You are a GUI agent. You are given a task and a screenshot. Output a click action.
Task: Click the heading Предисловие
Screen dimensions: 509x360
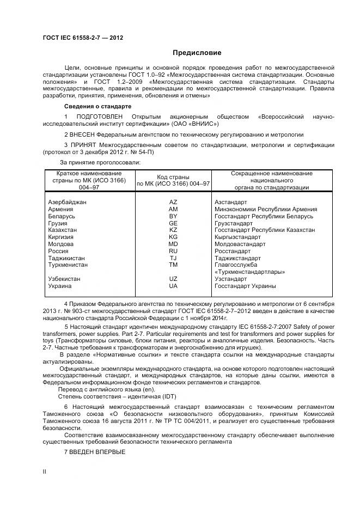click(197, 53)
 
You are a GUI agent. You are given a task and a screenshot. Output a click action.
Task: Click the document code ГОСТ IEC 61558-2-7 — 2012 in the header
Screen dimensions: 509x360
click(83, 38)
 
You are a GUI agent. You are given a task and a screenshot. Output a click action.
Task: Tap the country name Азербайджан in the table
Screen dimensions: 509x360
click(68, 202)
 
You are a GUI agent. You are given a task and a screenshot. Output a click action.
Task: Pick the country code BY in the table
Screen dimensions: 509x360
click(173, 216)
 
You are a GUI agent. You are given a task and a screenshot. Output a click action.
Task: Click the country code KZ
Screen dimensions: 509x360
click(173, 230)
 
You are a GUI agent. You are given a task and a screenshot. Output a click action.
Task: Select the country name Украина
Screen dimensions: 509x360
click(59, 286)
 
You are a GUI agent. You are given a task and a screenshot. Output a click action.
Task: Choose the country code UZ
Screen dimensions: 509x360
click(173, 279)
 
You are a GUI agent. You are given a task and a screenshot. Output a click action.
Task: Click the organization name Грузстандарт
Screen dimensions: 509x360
click(234, 223)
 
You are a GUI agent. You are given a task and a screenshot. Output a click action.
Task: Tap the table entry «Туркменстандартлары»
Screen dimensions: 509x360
click(250, 272)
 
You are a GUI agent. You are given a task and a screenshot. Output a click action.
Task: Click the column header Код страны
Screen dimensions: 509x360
click(173, 177)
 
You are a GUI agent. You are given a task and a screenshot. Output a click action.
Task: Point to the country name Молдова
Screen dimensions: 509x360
click(61, 244)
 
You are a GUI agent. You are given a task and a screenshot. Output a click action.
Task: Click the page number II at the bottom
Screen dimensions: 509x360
click(45, 472)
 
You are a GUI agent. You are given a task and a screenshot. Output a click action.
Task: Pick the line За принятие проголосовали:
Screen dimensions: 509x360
click(100, 162)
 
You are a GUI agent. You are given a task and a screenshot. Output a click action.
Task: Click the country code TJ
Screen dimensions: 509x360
click(173, 258)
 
